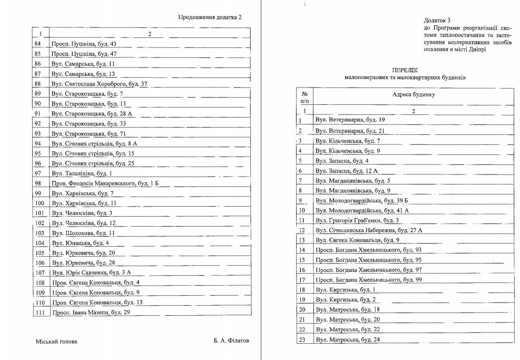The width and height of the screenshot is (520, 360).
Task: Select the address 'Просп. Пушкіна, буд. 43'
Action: point(84,44)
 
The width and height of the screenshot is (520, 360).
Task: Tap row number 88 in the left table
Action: point(37,84)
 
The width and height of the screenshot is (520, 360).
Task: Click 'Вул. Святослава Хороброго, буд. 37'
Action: point(99,84)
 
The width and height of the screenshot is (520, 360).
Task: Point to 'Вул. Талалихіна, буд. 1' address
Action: point(82,173)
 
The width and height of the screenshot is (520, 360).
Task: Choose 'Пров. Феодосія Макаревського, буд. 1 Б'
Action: point(105,183)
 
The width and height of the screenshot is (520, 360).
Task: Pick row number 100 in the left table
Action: point(38,203)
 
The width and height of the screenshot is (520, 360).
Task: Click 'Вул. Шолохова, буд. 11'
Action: point(83,233)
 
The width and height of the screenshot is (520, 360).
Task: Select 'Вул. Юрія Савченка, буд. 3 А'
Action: point(91,273)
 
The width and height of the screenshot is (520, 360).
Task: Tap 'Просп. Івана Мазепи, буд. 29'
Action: point(90,313)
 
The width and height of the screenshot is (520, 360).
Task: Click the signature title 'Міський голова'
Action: point(56,342)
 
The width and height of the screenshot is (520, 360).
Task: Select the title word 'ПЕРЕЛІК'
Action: point(405,70)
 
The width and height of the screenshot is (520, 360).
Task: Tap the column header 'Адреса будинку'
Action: point(413,95)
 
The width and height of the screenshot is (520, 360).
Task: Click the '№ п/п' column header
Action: point(304,95)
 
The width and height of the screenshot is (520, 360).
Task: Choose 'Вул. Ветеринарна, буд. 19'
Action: point(350,120)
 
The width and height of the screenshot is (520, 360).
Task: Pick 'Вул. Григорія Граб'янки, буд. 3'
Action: point(357,220)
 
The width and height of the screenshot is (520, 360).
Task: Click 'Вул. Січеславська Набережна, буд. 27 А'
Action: point(369,230)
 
